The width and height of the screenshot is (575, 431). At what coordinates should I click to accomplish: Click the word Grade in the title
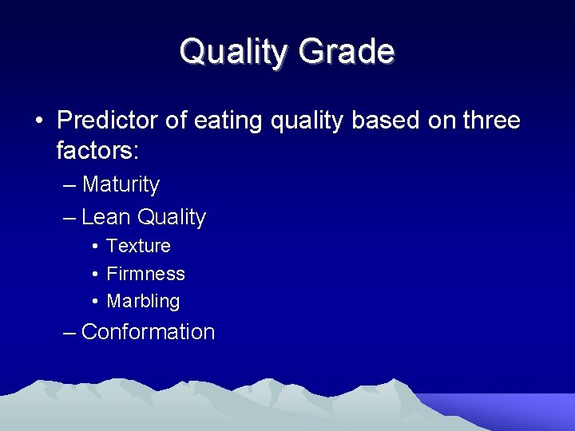point(347,52)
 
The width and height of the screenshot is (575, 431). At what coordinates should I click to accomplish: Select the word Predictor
point(109,121)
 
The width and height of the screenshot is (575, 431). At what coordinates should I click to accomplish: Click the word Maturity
point(121,184)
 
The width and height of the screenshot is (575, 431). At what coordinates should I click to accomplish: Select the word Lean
point(106,217)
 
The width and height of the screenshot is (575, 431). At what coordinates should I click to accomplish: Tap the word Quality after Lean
point(172,217)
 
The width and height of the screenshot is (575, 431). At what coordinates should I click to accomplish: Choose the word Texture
point(138,246)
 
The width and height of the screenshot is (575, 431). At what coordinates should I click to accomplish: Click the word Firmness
point(145,274)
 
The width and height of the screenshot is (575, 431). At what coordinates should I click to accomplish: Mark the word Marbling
point(143,302)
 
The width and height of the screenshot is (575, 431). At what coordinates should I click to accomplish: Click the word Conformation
point(148,332)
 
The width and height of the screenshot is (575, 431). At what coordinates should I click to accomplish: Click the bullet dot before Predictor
point(38,121)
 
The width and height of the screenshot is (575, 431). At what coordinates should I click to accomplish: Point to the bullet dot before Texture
point(94,247)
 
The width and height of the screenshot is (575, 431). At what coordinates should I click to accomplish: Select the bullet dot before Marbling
point(94,302)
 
